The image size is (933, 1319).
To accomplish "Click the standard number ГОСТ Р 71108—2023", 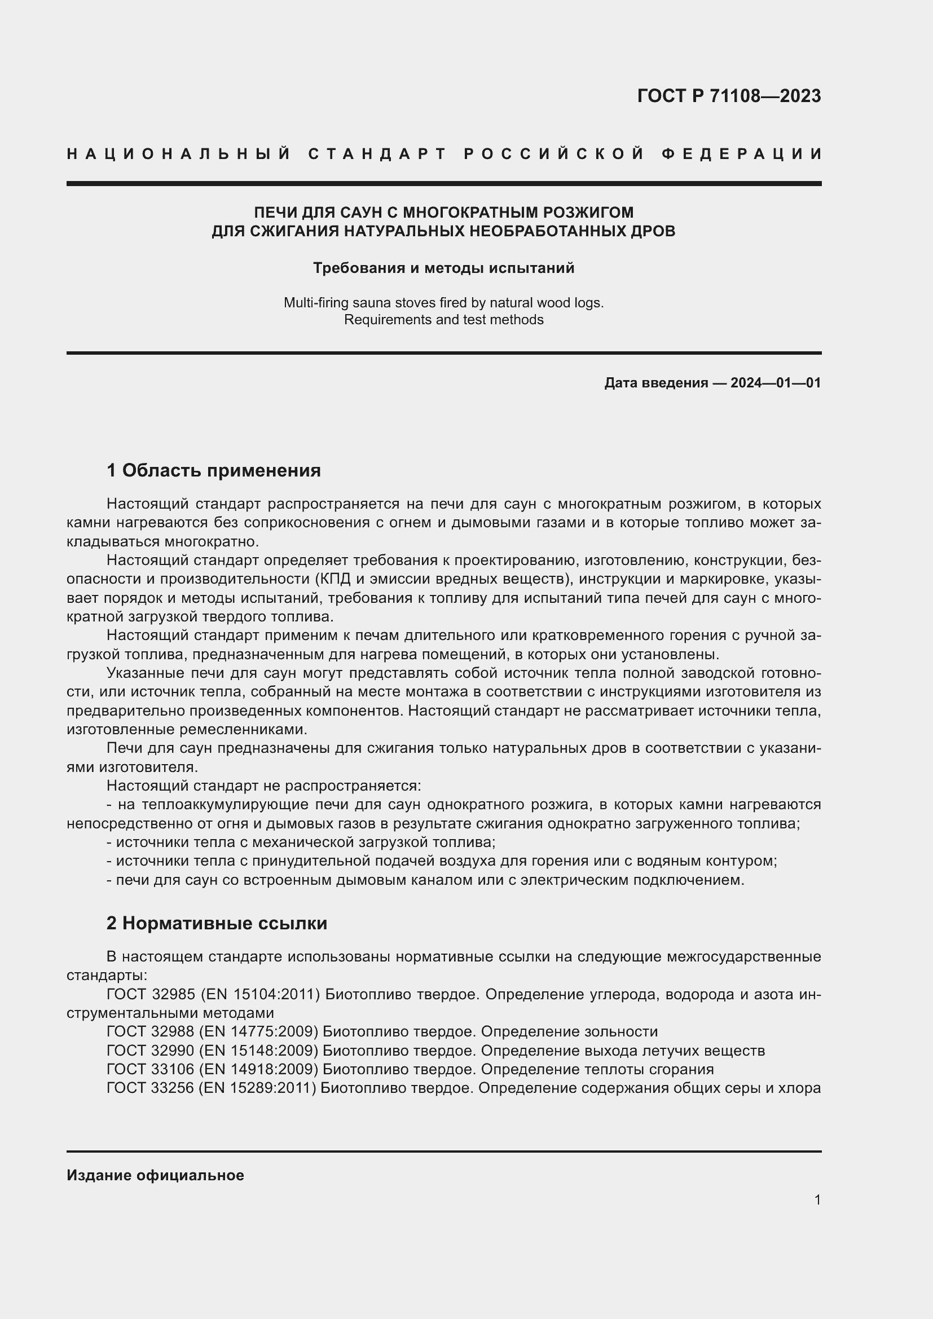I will pyautogui.click(x=728, y=96).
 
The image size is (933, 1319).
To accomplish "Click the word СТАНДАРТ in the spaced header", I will pyautogui.click(x=377, y=154).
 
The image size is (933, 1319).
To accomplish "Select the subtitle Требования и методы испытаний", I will pyautogui.click(x=443, y=268).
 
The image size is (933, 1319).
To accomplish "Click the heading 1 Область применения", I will pyautogui.click(x=214, y=470).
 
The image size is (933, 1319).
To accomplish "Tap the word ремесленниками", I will pyautogui.click(x=243, y=730).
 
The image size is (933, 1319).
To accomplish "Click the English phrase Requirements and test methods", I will pyautogui.click(x=443, y=319).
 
